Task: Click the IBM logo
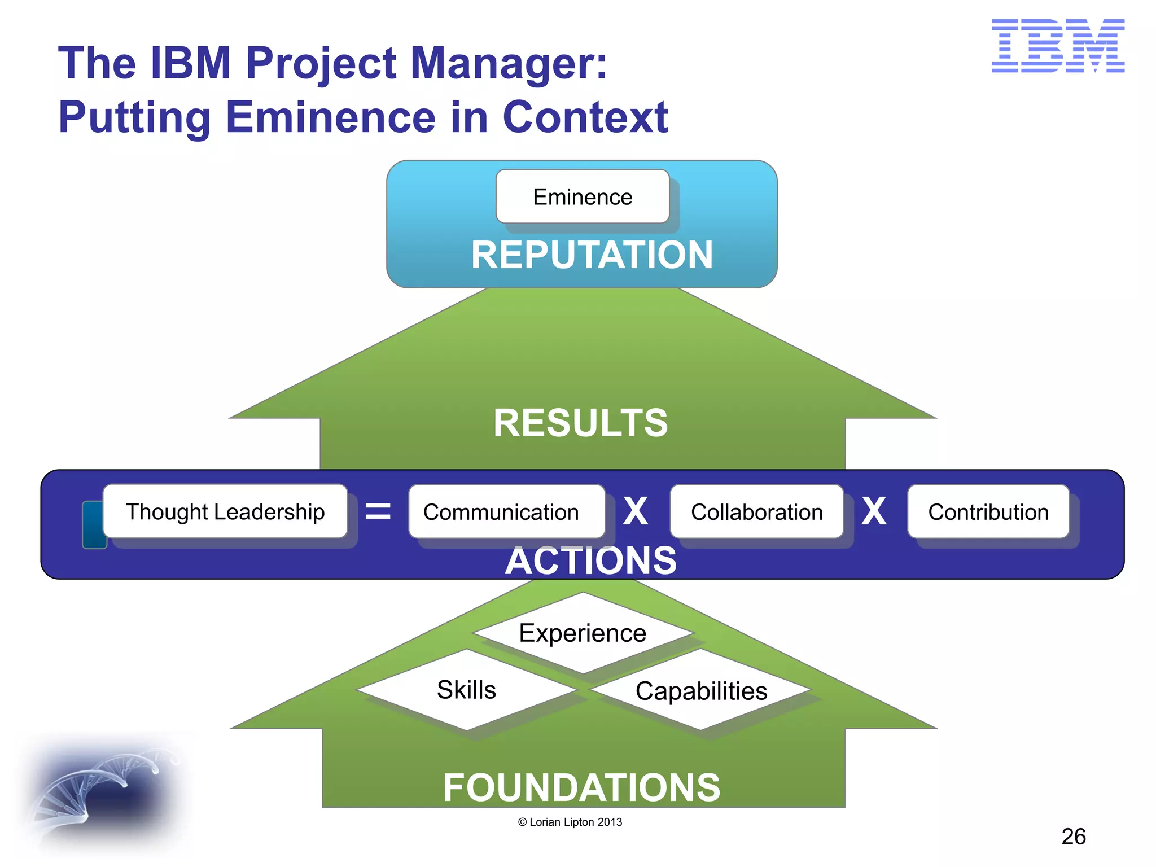(x=1058, y=46)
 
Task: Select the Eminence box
(x=583, y=197)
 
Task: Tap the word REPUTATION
(x=592, y=255)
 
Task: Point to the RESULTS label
(x=580, y=423)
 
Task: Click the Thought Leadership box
(x=225, y=511)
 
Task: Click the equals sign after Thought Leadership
(x=378, y=512)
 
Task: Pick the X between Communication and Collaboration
(x=636, y=512)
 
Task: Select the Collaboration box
(x=756, y=512)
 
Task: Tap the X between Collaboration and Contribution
(x=874, y=512)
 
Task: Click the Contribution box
(x=988, y=512)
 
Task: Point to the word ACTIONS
(x=590, y=561)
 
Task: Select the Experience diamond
(x=583, y=633)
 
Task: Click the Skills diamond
(x=466, y=690)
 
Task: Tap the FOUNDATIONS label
(x=581, y=787)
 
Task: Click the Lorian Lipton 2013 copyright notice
(x=570, y=822)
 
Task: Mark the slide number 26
(x=1073, y=837)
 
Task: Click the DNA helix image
(x=102, y=790)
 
